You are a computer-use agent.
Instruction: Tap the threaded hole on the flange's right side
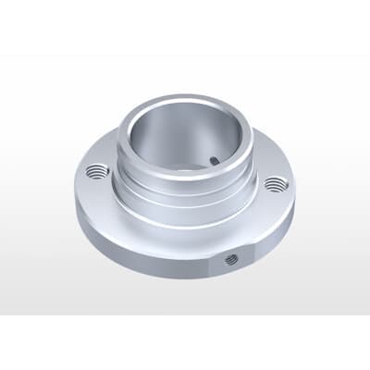click(x=275, y=184)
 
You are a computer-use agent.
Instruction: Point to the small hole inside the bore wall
click(x=215, y=159)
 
